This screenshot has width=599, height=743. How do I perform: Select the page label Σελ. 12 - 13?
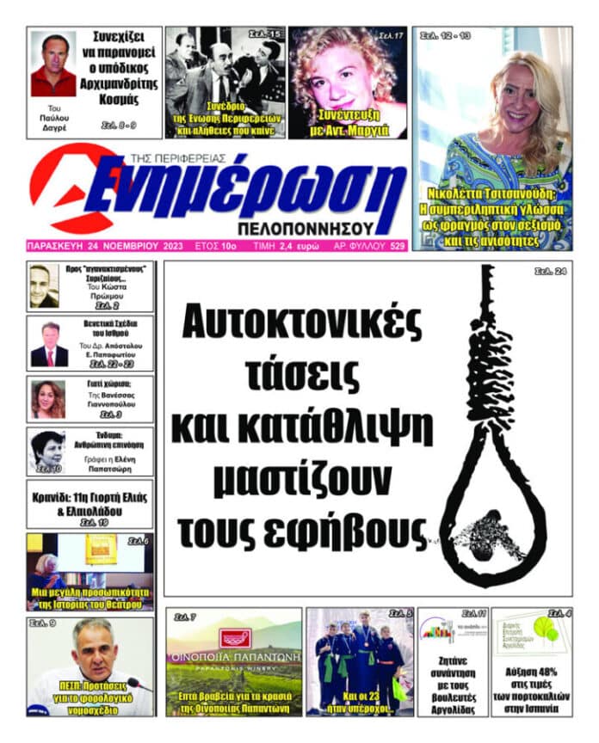[445, 36]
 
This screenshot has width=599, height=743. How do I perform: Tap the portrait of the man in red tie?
[49, 344]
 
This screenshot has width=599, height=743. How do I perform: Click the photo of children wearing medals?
[359, 658]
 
